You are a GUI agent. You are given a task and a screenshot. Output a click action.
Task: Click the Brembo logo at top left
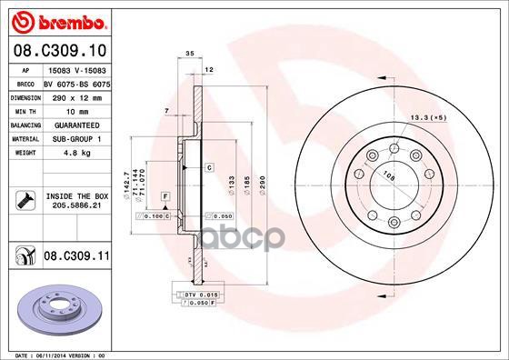pos(56,19)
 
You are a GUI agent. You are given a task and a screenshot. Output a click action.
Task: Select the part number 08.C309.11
pos(75,257)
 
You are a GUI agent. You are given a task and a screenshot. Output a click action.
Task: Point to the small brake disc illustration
pos(55,309)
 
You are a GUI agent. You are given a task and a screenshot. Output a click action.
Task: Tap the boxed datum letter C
pos(208,167)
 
